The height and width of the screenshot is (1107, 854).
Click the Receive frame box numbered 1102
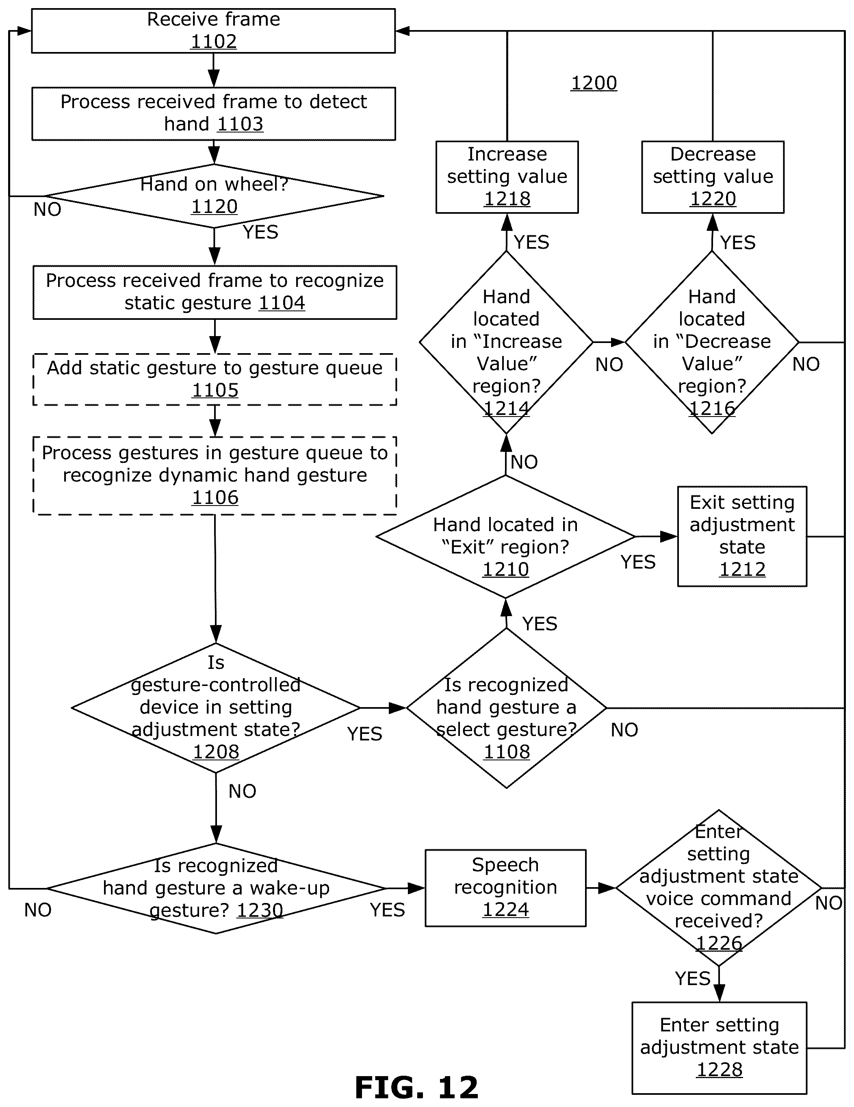pyautogui.click(x=213, y=31)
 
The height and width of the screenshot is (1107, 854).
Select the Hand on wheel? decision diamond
pyautogui.click(x=215, y=195)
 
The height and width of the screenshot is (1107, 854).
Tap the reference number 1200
pyautogui.click(x=594, y=82)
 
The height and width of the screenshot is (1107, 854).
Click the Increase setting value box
pyautogui.click(x=507, y=177)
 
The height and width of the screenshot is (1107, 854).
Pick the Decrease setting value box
pyautogui.click(x=713, y=177)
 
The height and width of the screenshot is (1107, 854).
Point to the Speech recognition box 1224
pyautogui.click(x=505, y=888)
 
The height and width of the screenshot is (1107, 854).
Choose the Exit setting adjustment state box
pyautogui.click(x=742, y=536)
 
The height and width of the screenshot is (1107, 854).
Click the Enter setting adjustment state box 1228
pyautogui.click(x=719, y=1048)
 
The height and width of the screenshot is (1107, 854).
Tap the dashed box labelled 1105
pyautogui.click(x=215, y=379)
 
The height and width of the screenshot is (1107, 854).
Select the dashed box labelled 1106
pyautogui.click(x=215, y=475)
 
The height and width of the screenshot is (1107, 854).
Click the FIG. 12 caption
pyautogui.click(x=416, y=1087)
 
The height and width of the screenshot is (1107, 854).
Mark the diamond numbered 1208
pyautogui.click(x=216, y=708)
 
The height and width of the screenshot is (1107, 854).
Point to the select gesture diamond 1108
pyautogui.click(x=506, y=708)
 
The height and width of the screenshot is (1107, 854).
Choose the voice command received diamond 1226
pyautogui.click(x=719, y=888)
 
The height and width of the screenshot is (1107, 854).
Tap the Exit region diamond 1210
pyautogui.click(x=505, y=536)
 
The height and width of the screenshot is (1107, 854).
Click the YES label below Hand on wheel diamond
pyautogui.click(x=260, y=232)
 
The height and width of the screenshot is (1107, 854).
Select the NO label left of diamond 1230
pyautogui.click(x=38, y=910)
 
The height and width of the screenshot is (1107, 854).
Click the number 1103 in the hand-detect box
pyautogui.click(x=240, y=124)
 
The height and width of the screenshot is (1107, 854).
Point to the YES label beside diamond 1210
pyautogui.click(x=638, y=562)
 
